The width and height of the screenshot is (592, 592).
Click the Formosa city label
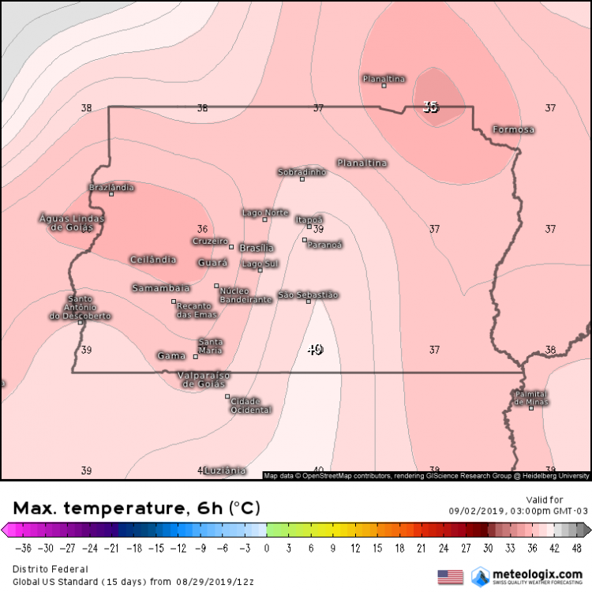pos(513,129)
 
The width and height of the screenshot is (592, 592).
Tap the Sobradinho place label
pos(302,171)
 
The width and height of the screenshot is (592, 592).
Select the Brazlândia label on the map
pos(111,187)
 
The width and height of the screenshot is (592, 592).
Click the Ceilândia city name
pos(152,259)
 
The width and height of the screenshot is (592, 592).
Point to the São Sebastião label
pos(308,295)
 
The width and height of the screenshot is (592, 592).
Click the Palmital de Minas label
pos(531,398)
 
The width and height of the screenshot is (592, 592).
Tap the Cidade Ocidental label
pos(250,406)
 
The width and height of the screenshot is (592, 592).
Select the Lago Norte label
pos(264,212)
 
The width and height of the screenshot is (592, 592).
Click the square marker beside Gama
pos(196,357)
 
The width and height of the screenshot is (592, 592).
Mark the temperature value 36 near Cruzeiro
pos(202,229)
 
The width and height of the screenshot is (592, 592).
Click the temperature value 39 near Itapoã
pos(318,229)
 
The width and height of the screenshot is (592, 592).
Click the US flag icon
pos(450,576)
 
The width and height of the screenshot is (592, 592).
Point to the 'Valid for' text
pos(545,499)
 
